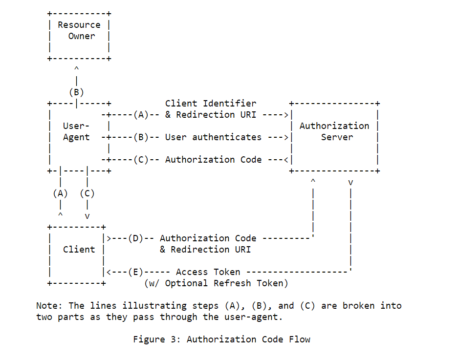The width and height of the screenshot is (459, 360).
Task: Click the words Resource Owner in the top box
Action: [x=79, y=30]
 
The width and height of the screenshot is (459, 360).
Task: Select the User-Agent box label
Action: [x=76, y=131]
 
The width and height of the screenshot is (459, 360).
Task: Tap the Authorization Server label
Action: [x=334, y=131]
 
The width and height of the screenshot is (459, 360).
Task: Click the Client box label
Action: [x=79, y=250]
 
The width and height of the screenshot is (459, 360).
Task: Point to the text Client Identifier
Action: [x=210, y=104]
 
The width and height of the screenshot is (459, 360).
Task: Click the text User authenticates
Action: [x=213, y=137]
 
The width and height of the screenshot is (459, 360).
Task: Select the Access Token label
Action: [x=208, y=272]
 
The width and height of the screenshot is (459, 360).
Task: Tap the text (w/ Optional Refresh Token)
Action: [x=216, y=283]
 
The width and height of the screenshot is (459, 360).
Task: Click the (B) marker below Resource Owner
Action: [x=76, y=92]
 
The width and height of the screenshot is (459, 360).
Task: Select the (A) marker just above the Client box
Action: [x=60, y=193]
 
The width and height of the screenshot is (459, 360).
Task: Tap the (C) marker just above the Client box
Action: [x=87, y=193]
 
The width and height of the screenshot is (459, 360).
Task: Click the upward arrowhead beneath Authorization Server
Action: [x=313, y=181]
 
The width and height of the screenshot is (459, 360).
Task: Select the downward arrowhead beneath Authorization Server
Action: [x=350, y=183]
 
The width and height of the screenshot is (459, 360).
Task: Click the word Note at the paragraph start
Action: [x=47, y=306]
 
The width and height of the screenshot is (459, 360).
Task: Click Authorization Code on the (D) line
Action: [x=208, y=238]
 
